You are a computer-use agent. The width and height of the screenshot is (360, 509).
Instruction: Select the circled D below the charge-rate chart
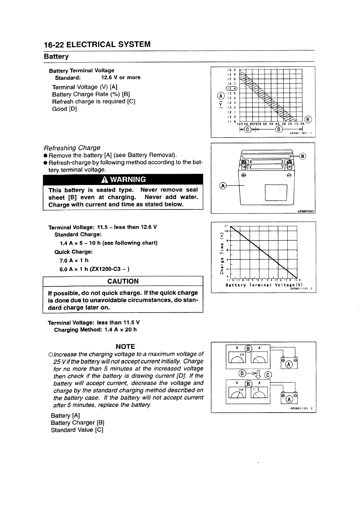click(x=279, y=130)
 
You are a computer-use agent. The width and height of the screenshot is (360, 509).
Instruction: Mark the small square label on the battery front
click(x=276, y=193)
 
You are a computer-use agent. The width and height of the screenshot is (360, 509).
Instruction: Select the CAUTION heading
click(x=123, y=281)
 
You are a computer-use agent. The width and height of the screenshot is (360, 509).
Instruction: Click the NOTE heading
click(x=125, y=347)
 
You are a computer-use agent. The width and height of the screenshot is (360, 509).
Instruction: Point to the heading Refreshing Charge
click(x=72, y=148)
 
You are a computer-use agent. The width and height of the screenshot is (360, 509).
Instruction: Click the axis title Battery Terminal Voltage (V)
click(x=264, y=285)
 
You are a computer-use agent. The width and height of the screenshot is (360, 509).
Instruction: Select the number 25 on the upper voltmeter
click(x=242, y=354)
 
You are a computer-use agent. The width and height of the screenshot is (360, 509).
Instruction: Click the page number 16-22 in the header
click(x=54, y=45)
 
